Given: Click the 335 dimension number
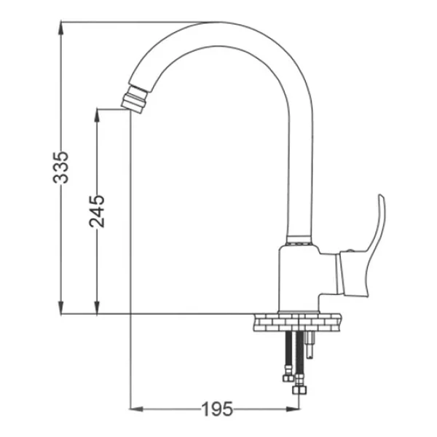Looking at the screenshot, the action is [60, 168].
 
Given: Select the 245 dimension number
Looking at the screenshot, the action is [97, 211].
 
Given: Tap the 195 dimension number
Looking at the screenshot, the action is [217, 409].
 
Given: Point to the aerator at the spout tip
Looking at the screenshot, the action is [134, 99].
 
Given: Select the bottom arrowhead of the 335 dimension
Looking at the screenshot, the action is [60, 307].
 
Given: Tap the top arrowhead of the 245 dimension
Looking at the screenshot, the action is [97, 115].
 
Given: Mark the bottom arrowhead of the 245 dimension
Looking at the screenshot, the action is [97, 307].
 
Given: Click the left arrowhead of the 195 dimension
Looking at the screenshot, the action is [137, 409].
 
